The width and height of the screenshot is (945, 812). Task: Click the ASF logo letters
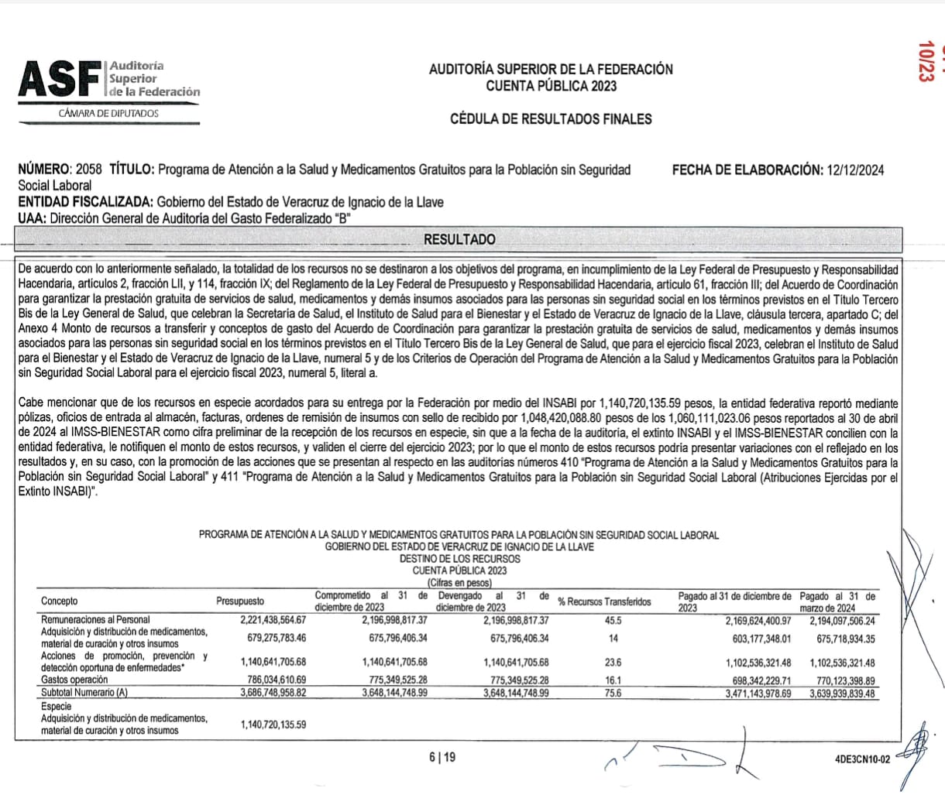coord(60,81)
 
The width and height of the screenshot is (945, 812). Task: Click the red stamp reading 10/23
coord(924,61)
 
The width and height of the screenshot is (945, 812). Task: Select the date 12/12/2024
coord(854,170)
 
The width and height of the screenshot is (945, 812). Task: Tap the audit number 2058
coord(89,170)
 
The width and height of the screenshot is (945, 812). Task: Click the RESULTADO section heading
coord(459,240)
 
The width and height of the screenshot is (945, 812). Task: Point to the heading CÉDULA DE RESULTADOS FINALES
coord(551,119)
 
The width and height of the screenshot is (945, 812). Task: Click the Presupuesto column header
coord(239,601)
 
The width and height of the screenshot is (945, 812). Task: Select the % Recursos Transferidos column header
coord(604,601)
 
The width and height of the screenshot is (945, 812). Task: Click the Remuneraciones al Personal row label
coord(95,620)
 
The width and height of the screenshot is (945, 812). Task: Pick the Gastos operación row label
coord(74,680)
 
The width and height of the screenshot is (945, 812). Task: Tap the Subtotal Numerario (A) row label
coord(84,693)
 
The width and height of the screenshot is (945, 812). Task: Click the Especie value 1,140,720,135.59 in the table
coord(273,725)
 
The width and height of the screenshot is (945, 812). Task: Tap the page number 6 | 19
coord(442,757)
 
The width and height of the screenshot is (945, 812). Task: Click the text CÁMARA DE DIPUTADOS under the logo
coord(108,114)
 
